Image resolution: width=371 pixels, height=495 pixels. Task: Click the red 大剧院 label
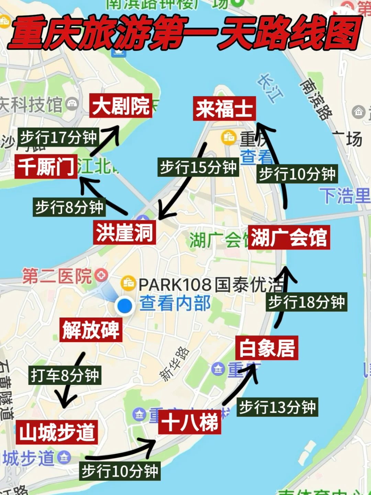(x=121, y=106)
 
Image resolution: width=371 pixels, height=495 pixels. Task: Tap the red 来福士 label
(x=224, y=109)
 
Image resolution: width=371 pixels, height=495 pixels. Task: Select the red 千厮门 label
(x=46, y=167)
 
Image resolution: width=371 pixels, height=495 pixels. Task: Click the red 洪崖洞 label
(x=124, y=233)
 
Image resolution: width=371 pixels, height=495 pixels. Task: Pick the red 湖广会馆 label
(x=289, y=237)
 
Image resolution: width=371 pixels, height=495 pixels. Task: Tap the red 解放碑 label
(x=91, y=330)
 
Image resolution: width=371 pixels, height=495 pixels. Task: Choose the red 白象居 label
(x=267, y=348)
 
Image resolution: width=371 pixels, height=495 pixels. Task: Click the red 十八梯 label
(x=190, y=422)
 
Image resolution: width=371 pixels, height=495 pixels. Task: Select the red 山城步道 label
(x=57, y=432)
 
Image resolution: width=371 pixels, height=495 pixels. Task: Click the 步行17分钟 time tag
(x=58, y=137)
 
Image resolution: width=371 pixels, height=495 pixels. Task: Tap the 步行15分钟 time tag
(x=198, y=167)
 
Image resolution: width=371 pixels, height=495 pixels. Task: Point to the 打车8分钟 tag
(x=65, y=375)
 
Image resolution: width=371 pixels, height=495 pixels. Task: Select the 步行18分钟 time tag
(x=306, y=302)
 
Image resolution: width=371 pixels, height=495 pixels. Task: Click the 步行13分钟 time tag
(x=278, y=407)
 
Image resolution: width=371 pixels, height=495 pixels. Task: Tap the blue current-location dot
(x=125, y=306)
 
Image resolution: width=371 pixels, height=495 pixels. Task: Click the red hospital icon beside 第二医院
(x=101, y=275)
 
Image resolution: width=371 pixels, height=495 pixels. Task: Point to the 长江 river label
(x=270, y=88)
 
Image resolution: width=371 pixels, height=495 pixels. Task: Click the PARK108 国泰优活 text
(x=211, y=285)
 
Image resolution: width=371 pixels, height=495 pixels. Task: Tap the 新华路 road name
(x=175, y=364)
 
